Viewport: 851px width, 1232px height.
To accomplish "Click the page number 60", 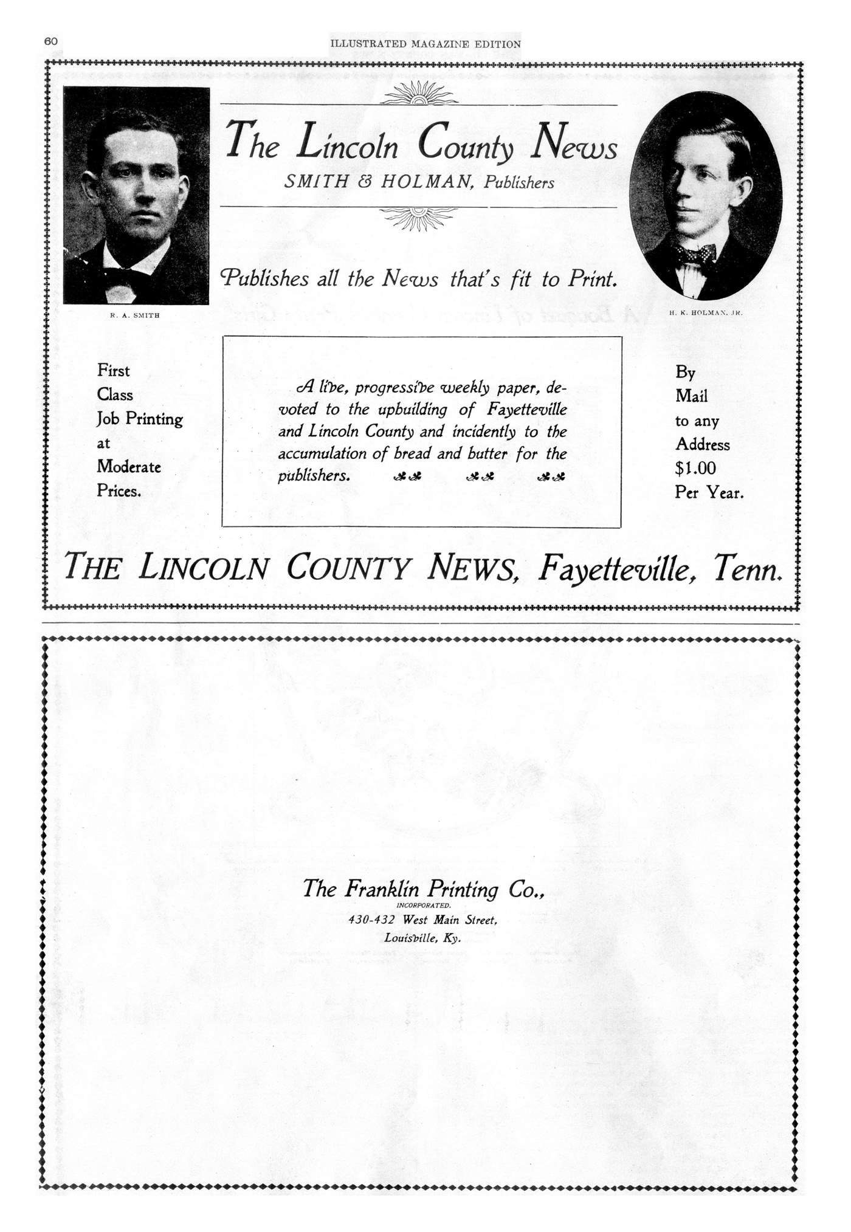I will coord(50,41).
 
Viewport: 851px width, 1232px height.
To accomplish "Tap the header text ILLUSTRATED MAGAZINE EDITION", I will coord(425,44).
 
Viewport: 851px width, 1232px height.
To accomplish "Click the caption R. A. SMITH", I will coord(134,315).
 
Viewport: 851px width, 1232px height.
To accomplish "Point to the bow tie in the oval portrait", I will coord(698,253).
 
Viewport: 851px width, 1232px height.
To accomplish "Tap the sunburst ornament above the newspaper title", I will coord(419,94).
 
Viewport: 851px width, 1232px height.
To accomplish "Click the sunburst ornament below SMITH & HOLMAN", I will coord(419,218).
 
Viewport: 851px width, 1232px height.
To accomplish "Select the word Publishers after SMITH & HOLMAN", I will coord(519,183).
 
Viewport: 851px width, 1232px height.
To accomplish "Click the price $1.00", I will coord(695,469).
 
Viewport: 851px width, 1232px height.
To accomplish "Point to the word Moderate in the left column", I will coord(129,467).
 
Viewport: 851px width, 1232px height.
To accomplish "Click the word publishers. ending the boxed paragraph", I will coord(314,475).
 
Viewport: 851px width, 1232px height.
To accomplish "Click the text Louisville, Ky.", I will coord(422,938).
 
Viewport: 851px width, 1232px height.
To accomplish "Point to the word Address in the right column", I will coord(703,444).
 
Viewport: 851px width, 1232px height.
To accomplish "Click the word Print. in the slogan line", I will coord(593,279).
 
